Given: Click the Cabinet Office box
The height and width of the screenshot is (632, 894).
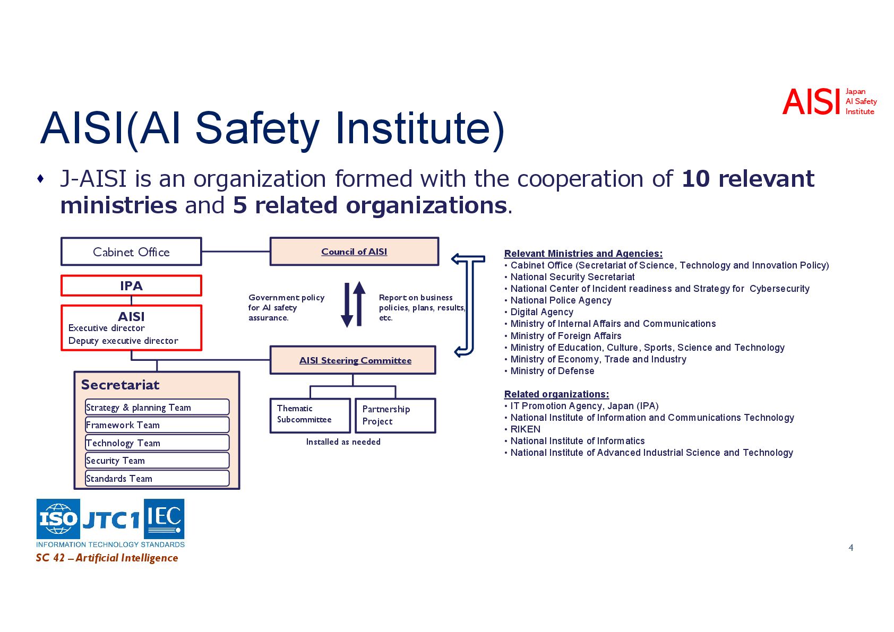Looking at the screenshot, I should click(131, 252).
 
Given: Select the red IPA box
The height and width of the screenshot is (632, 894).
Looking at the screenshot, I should click(131, 285).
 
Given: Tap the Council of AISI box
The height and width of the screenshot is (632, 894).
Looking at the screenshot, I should click(354, 252).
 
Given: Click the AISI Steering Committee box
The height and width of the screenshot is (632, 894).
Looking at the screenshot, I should click(353, 360).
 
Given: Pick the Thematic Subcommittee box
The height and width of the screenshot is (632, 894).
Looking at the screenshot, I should click(310, 415).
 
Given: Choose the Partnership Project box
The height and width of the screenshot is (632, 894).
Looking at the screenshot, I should click(395, 415).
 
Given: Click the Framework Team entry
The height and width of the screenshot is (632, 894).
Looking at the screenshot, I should click(157, 425).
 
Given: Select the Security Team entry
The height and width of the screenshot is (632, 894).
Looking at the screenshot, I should click(157, 461).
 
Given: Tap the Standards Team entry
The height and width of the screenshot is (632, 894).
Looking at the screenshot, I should click(157, 479).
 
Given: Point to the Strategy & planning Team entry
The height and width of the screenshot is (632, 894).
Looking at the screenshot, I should click(157, 408).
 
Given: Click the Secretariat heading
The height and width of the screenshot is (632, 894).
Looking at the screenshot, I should click(120, 385).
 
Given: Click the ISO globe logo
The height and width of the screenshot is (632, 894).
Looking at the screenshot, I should click(58, 518).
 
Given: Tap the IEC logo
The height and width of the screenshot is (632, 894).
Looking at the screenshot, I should click(165, 518).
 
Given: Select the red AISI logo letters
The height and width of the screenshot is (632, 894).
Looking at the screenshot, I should click(811, 102).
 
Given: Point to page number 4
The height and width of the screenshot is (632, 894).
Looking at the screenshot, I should click(851, 548).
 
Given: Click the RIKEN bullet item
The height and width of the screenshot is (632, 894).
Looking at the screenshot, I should click(525, 429).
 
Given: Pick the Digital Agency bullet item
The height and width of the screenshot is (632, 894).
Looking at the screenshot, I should click(541, 312).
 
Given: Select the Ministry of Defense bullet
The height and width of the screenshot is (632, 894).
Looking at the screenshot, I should click(552, 371).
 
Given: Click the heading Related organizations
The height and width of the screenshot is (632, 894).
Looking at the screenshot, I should click(556, 394).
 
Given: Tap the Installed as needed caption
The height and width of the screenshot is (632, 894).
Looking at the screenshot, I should click(343, 441).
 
